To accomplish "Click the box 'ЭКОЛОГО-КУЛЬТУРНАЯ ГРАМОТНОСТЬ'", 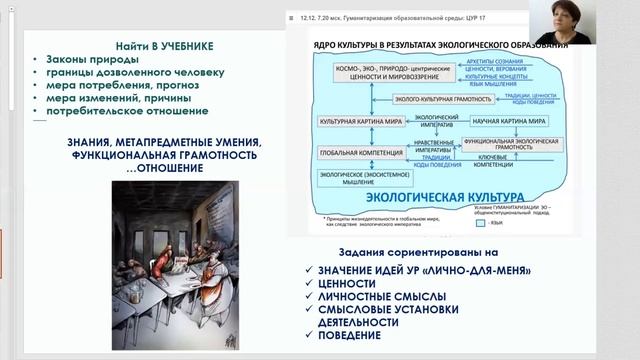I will [436, 99].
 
